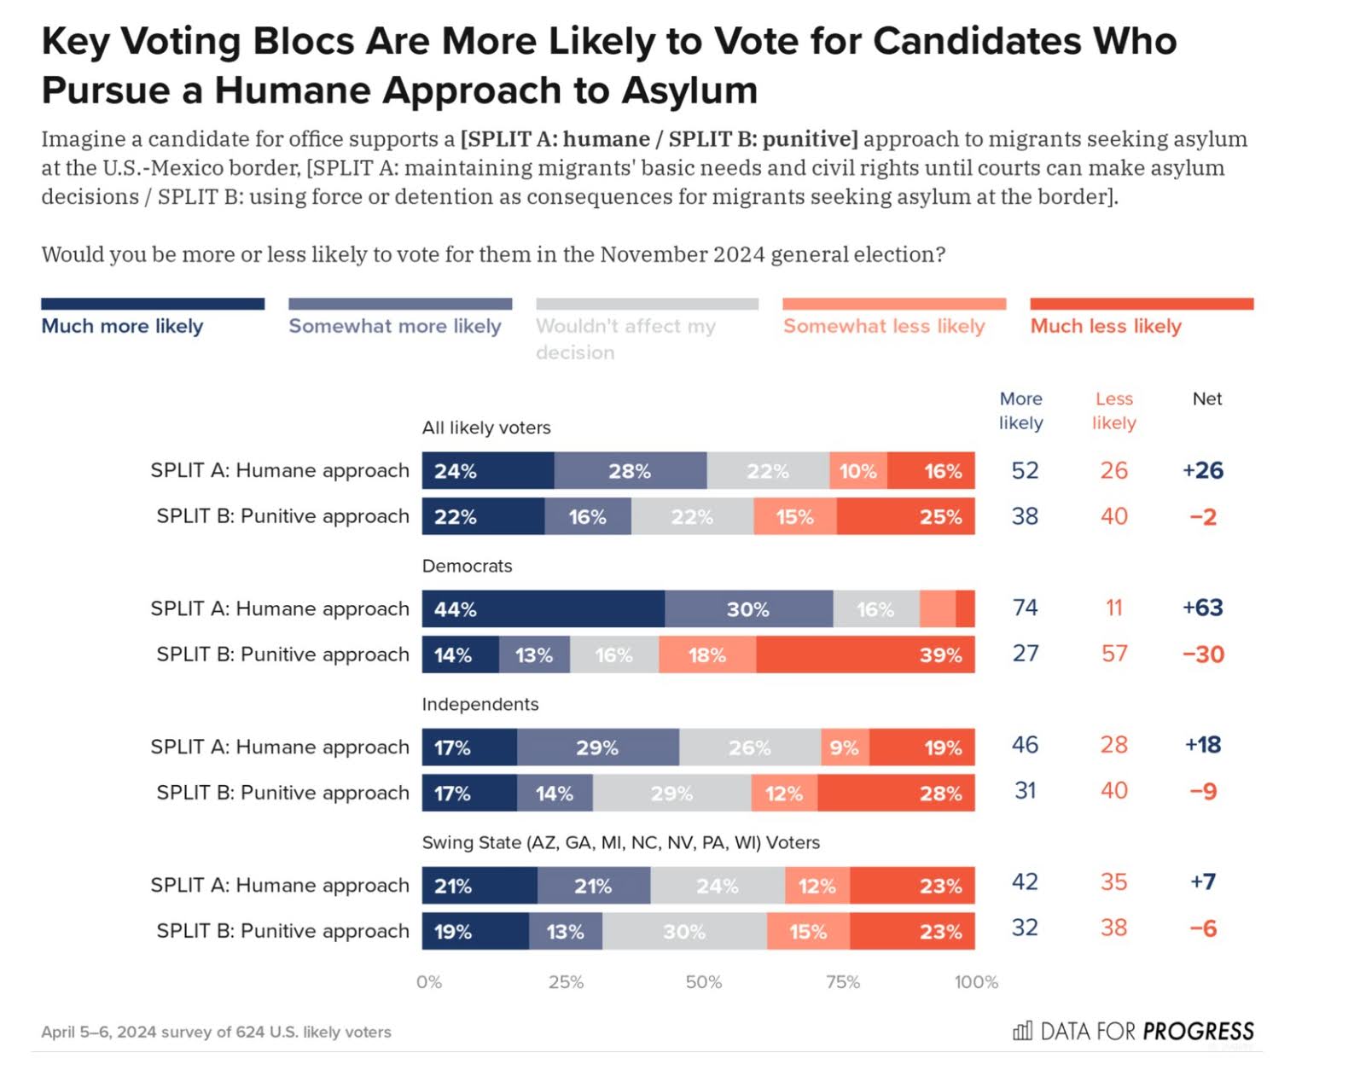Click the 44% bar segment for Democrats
(543, 609)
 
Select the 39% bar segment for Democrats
(864, 655)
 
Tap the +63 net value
(1202, 608)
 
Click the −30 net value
(1203, 654)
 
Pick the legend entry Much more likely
(122, 326)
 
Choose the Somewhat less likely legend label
(884, 326)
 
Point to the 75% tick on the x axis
(842, 982)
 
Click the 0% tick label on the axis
(429, 982)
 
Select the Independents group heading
(480, 704)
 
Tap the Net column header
(1206, 398)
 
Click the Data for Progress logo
(1133, 1031)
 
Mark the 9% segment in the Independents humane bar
(845, 748)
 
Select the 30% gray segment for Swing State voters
(684, 932)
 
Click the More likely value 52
(1025, 470)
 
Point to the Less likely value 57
(1113, 654)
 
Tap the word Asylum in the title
(689, 90)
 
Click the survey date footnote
(216, 1032)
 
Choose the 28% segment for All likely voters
(630, 471)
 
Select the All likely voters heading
(486, 428)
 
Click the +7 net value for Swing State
(1202, 881)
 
